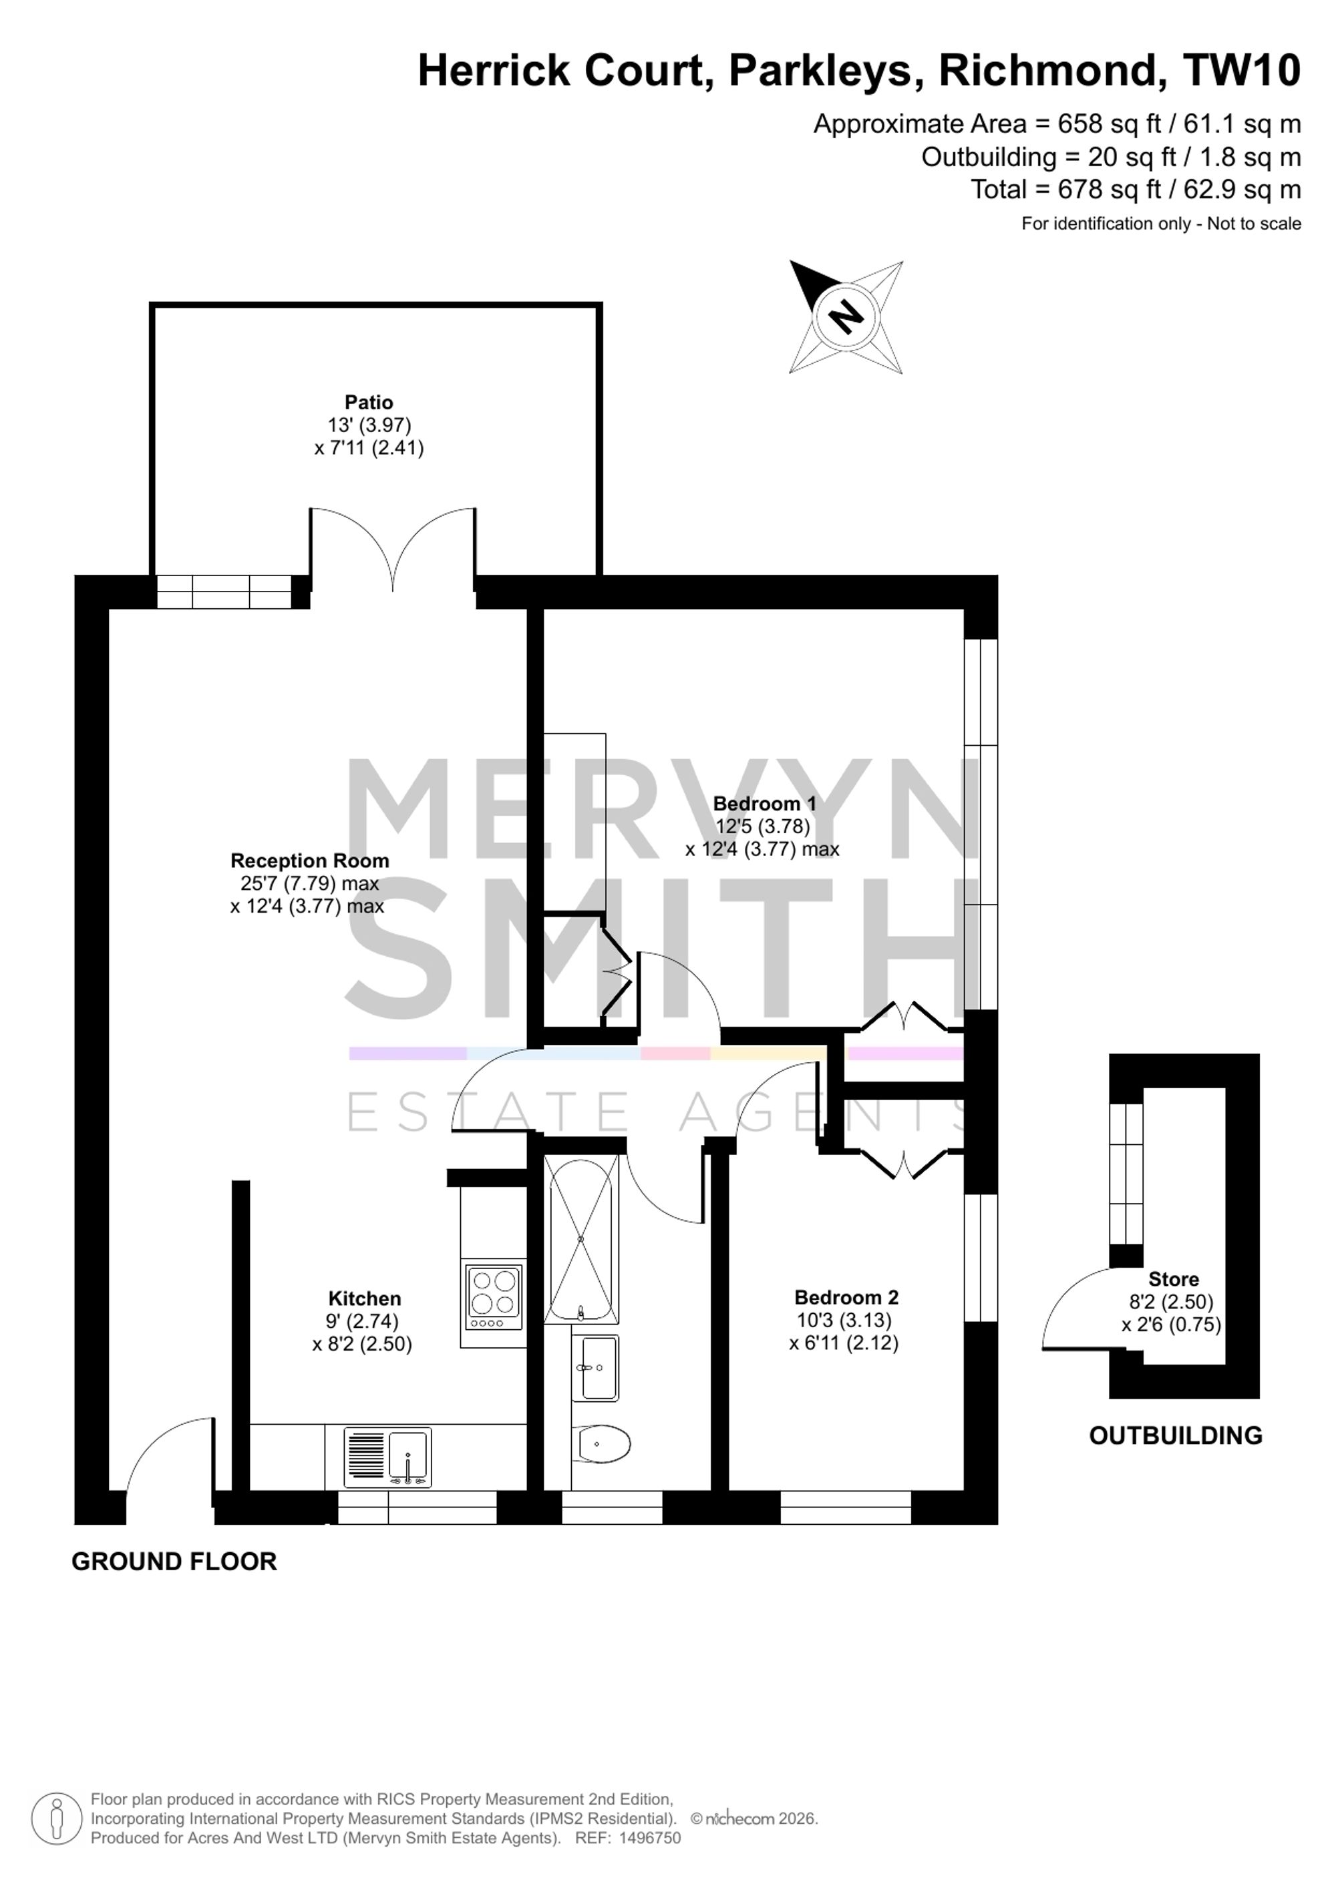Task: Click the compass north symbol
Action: [x=846, y=316]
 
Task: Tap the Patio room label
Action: [x=369, y=402]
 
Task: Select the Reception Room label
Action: [x=309, y=861]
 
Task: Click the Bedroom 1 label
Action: [x=764, y=803]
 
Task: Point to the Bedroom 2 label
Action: [x=846, y=1298]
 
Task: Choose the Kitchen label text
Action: [x=365, y=1299]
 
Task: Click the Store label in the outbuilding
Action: [x=1173, y=1280]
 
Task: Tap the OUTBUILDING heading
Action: [x=1176, y=1436]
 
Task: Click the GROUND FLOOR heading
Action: [x=174, y=1562]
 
